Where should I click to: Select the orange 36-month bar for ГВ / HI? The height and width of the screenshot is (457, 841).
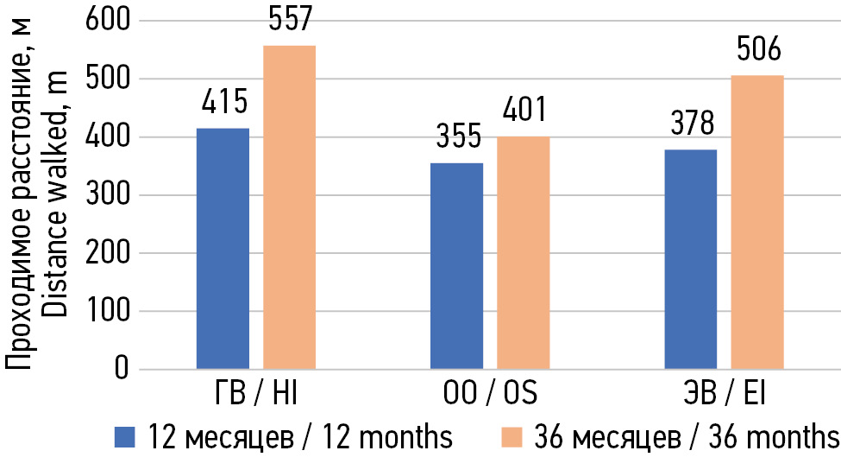[289, 207]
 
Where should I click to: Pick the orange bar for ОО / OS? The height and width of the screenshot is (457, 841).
[523, 252]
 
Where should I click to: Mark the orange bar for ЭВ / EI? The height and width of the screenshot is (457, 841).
[757, 222]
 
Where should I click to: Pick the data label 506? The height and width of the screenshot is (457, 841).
[757, 49]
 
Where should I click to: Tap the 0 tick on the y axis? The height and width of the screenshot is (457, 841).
[120, 369]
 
